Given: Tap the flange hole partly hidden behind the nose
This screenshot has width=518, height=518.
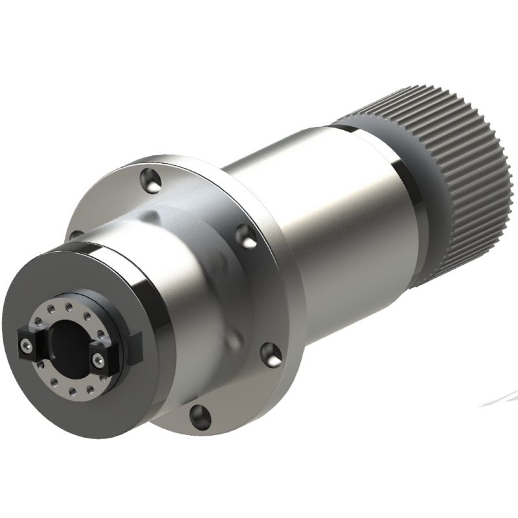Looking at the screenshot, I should (x=76, y=235).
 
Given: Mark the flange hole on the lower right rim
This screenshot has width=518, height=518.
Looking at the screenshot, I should (x=270, y=353).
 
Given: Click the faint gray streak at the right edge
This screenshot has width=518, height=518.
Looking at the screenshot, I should (x=499, y=398).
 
